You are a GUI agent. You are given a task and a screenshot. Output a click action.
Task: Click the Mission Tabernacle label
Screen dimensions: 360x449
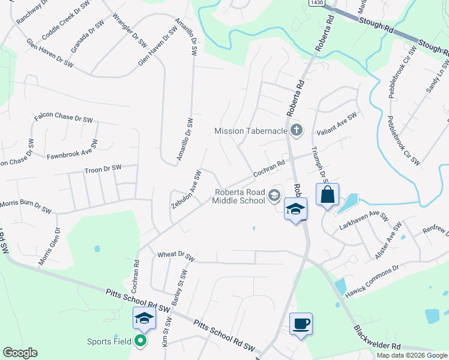tap(250, 130)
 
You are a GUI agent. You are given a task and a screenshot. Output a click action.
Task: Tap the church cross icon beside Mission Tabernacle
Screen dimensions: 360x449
tap(295, 130)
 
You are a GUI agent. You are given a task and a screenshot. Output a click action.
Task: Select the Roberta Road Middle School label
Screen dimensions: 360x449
tap(238, 196)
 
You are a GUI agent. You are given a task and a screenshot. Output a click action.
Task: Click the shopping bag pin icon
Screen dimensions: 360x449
tap(327, 195)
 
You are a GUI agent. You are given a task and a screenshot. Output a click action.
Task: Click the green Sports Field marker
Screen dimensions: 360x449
tap(141, 341)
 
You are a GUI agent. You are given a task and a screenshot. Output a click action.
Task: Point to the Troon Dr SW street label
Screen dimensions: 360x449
tap(103, 169)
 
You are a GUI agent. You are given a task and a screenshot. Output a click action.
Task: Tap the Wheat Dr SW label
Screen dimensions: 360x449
tap(176, 255)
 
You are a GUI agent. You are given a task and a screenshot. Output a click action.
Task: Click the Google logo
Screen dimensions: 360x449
tap(20, 353)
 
